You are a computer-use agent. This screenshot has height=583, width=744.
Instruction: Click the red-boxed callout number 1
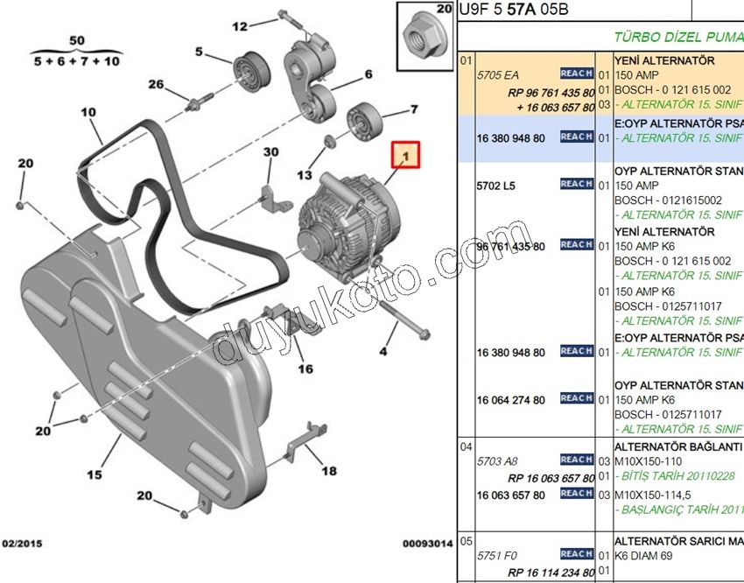[405, 157]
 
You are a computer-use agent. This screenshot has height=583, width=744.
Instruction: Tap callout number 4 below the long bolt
[382, 352]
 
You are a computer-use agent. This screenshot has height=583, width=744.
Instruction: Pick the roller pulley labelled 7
[361, 120]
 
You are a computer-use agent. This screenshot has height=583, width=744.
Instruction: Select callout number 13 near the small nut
[304, 175]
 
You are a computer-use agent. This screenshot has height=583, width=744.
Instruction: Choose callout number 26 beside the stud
[156, 85]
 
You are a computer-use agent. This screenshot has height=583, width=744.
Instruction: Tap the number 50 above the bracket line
[77, 41]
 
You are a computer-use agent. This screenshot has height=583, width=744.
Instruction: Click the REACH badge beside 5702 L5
[577, 184]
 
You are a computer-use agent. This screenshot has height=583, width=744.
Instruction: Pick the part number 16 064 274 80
[510, 400]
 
